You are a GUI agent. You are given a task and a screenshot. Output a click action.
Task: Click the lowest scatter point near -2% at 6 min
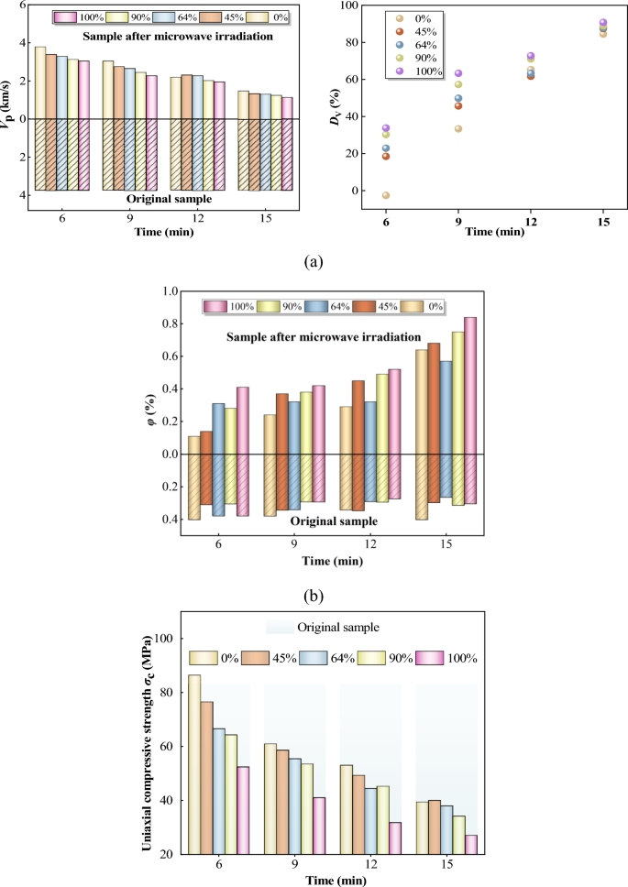[x=386, y=195]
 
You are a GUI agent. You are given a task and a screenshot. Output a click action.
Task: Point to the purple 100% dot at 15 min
[x=602, y=22]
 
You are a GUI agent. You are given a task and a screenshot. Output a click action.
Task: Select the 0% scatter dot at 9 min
[x=458, y=128]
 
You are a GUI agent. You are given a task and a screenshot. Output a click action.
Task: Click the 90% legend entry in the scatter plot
[x=418, y=56]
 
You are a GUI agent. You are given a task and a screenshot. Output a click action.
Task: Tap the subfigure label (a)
[x=314, y=262]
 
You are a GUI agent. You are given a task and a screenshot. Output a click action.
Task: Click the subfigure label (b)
[x=314, y=597]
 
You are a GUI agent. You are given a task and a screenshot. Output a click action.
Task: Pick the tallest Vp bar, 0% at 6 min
[x=40, y=82]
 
